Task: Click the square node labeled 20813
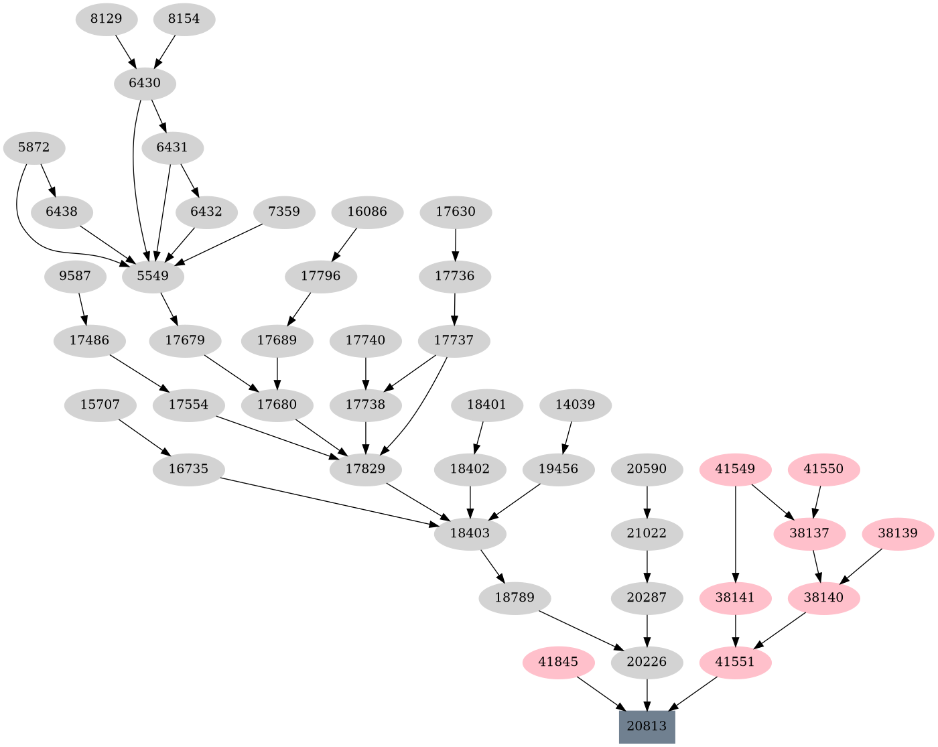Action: (x=647, y=726)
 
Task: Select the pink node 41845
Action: (x=558, y=662)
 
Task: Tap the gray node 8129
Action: (x=106, y=19)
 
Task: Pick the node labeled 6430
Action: (x=145, y=83)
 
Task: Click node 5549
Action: (x=153, y=276)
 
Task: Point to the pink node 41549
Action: (x=736, y=469)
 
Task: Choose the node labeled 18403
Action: (x=470, y=533)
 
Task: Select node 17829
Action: (x=365, y=469)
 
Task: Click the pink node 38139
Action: (x=897, y=533)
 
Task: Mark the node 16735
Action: (x=188, y=469)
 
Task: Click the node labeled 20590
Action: (x=647, y=469)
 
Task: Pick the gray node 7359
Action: (x=284, y=212)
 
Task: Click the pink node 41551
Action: (x=736, y=662)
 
